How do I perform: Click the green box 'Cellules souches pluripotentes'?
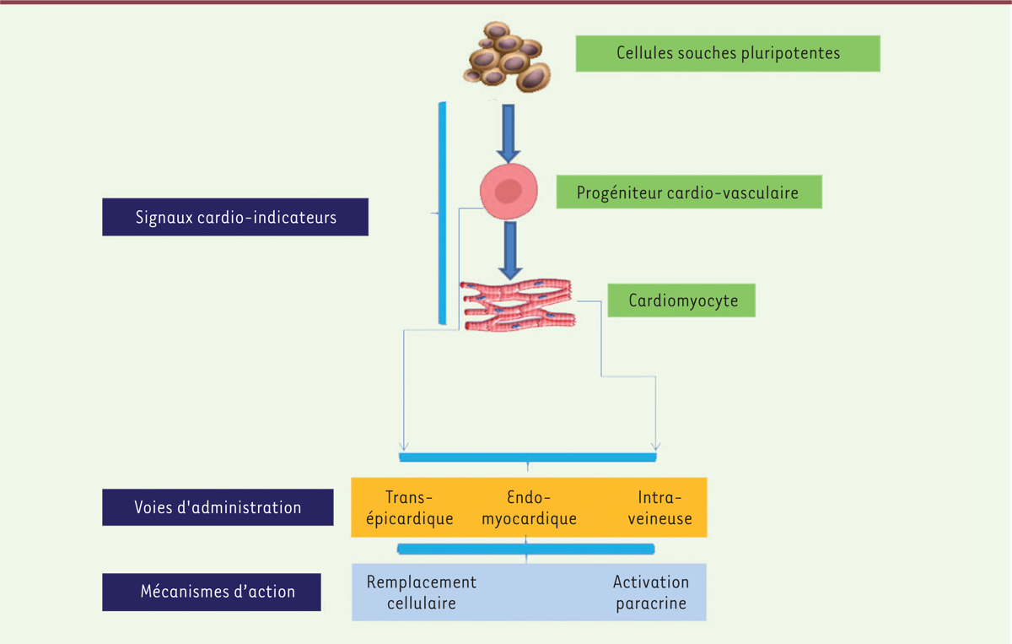point(727,53)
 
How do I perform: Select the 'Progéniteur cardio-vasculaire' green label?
point(688,192)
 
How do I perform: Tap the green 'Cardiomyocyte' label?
point(681,300)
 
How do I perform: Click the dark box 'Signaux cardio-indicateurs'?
point(235,217)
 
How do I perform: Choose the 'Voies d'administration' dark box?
point(218,507)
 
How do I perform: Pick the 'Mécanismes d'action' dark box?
point(212,592)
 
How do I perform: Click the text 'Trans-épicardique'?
point(419,507)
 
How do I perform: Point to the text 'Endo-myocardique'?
point(529,507)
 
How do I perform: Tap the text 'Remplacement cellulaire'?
point(421,593)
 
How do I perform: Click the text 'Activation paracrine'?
point(650,593)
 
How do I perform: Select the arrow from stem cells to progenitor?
point(509,132)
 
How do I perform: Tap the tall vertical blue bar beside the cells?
point(442,213)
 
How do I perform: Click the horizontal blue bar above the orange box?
point(528,457)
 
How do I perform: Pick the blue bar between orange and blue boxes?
point(526,549)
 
